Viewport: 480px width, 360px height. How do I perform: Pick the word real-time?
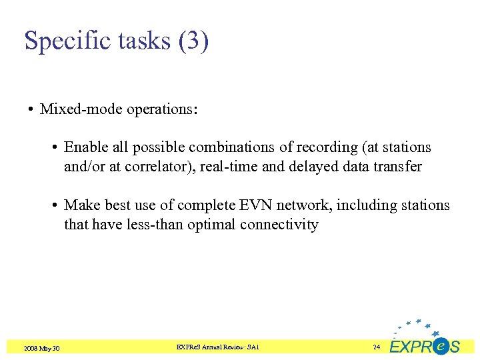pos(230,167)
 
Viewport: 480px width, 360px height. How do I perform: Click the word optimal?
pos(211,225)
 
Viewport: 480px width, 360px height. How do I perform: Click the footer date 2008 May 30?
pos(42,348)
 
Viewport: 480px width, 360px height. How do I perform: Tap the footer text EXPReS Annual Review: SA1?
pos(217,347)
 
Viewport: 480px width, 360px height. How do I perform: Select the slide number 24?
pos(377,347)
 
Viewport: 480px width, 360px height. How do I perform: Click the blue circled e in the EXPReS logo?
pos(440,346)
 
